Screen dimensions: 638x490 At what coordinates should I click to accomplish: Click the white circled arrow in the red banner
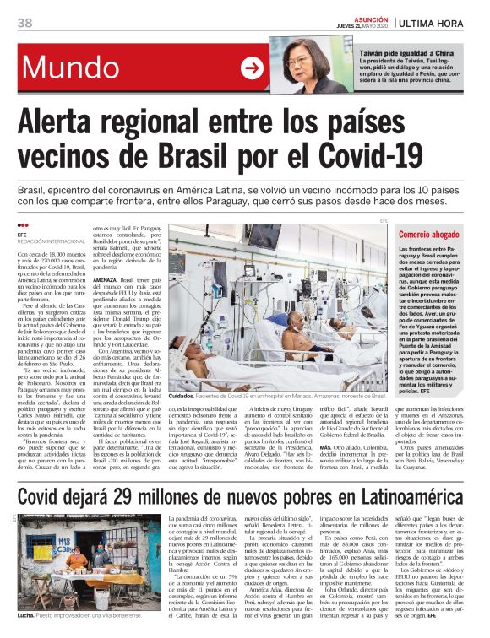click(x=252, y=68)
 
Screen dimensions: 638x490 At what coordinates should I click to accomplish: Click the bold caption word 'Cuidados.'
click(x=182, y=395)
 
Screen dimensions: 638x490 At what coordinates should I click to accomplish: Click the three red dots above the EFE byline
click(x=24, y=225)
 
